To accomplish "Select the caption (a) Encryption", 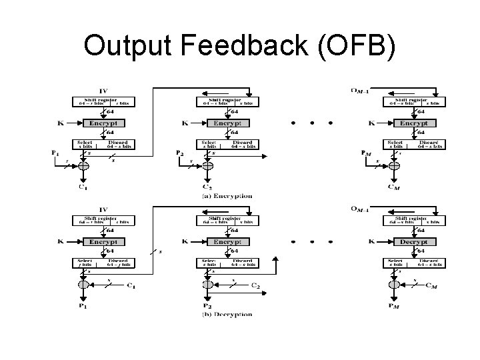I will [227, 196].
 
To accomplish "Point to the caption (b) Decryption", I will [227, 315].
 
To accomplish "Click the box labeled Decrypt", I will [414, 242].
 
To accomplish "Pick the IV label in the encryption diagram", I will [103, 91].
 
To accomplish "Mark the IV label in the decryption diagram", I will [103, 209].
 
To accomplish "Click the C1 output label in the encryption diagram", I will [83, 188].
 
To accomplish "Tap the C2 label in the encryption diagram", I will [208, 188].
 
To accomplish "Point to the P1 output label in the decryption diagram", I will [83, 307].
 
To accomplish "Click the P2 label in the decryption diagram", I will [208, 307].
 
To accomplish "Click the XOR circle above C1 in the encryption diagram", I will [83, 166].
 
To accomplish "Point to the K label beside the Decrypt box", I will [373, 242].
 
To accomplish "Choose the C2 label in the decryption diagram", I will [254, 286].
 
